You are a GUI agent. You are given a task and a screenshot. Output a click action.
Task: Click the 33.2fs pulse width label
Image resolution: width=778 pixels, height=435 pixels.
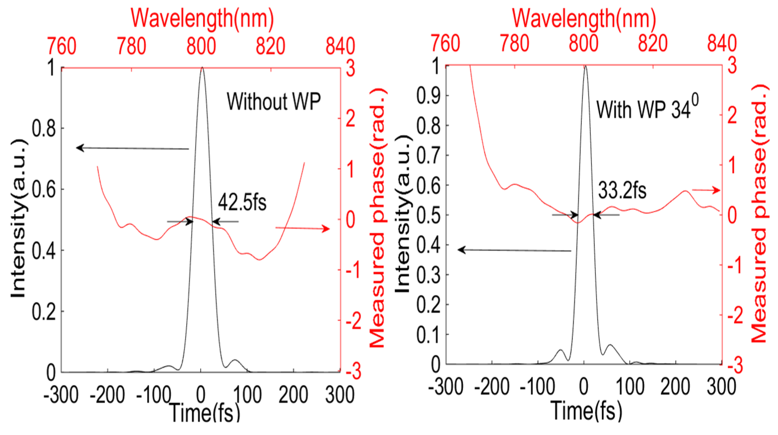622,191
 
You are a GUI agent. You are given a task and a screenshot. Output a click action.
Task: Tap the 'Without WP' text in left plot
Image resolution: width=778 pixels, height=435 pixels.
274,101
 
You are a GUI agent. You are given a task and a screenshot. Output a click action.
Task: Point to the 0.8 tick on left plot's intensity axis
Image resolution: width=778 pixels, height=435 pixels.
44,128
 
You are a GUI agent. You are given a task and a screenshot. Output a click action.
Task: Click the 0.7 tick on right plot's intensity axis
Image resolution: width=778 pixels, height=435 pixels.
428,155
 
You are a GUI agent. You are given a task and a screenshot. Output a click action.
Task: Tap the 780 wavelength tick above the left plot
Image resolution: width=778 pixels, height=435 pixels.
132,46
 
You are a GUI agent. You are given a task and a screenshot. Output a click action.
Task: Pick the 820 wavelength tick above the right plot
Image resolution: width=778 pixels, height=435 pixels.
652,43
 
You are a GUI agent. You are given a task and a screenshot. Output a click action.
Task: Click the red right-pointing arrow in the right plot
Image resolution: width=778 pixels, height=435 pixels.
706,190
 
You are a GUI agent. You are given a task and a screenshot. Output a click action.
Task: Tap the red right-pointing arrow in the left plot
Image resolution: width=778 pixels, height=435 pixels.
303,228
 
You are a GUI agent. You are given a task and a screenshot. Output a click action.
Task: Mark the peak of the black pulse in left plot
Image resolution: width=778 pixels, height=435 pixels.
202,68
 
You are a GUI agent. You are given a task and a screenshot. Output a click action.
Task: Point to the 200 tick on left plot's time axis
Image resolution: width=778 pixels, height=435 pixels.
293,395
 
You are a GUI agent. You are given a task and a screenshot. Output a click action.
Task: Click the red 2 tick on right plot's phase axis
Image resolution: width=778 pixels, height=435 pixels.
732,115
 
